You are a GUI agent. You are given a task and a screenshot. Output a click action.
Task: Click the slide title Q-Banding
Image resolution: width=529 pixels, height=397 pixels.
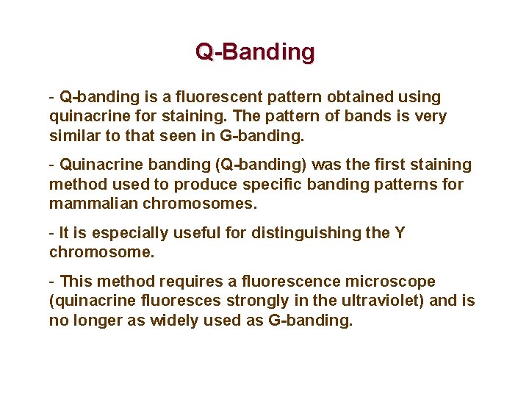255,52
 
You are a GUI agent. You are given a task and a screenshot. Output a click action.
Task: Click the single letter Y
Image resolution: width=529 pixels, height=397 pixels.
400,233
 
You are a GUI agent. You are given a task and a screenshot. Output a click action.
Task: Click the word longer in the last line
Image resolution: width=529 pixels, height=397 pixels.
96,321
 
